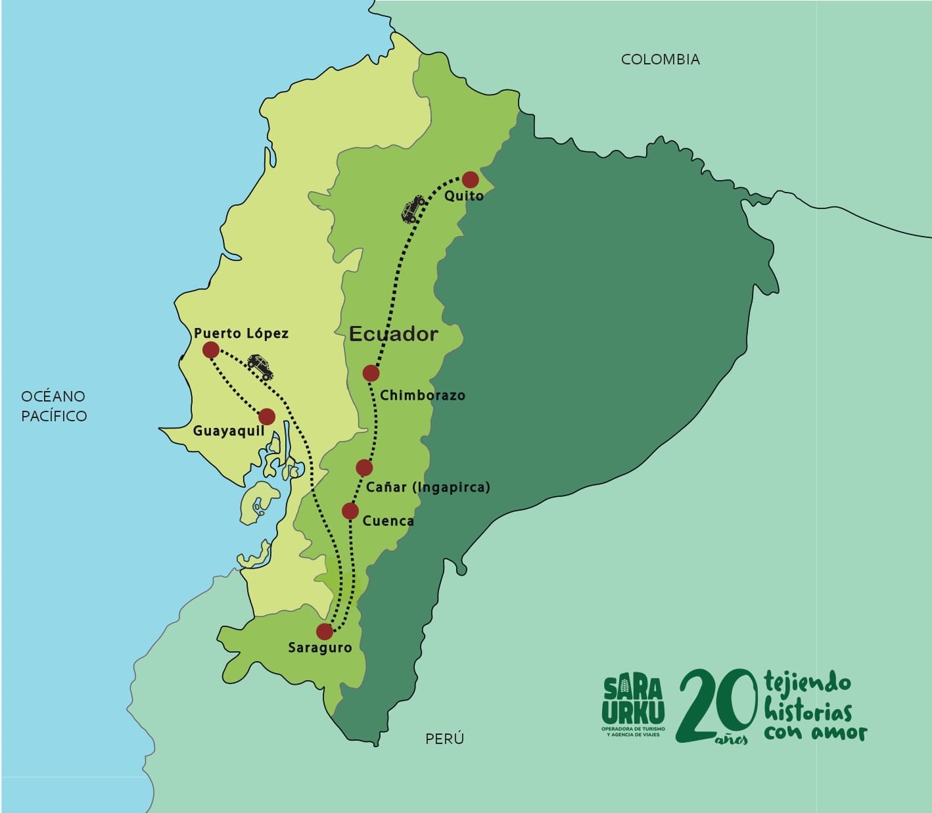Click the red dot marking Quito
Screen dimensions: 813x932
(470, 179)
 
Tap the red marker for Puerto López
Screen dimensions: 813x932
(210, 350)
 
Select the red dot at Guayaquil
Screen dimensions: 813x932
(267, 416)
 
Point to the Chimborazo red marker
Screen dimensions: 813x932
(371, 373)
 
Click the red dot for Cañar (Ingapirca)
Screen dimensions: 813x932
(364, 467)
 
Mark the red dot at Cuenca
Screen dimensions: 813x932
(350, 511)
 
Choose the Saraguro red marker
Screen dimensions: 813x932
(325, 632)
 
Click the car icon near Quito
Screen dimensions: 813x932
(413, 208)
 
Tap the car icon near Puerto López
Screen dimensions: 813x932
(260, 367)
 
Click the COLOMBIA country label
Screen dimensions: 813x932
(661, 59)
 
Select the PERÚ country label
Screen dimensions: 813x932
(444, 739)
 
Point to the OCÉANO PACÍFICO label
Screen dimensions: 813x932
(53, 406)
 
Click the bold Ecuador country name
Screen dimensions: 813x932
(393, 334)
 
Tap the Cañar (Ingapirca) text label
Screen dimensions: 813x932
(428, 487)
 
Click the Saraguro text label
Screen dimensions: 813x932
(320, 647)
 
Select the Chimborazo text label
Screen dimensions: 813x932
(423, 395)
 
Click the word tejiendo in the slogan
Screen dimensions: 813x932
(808, 683)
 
